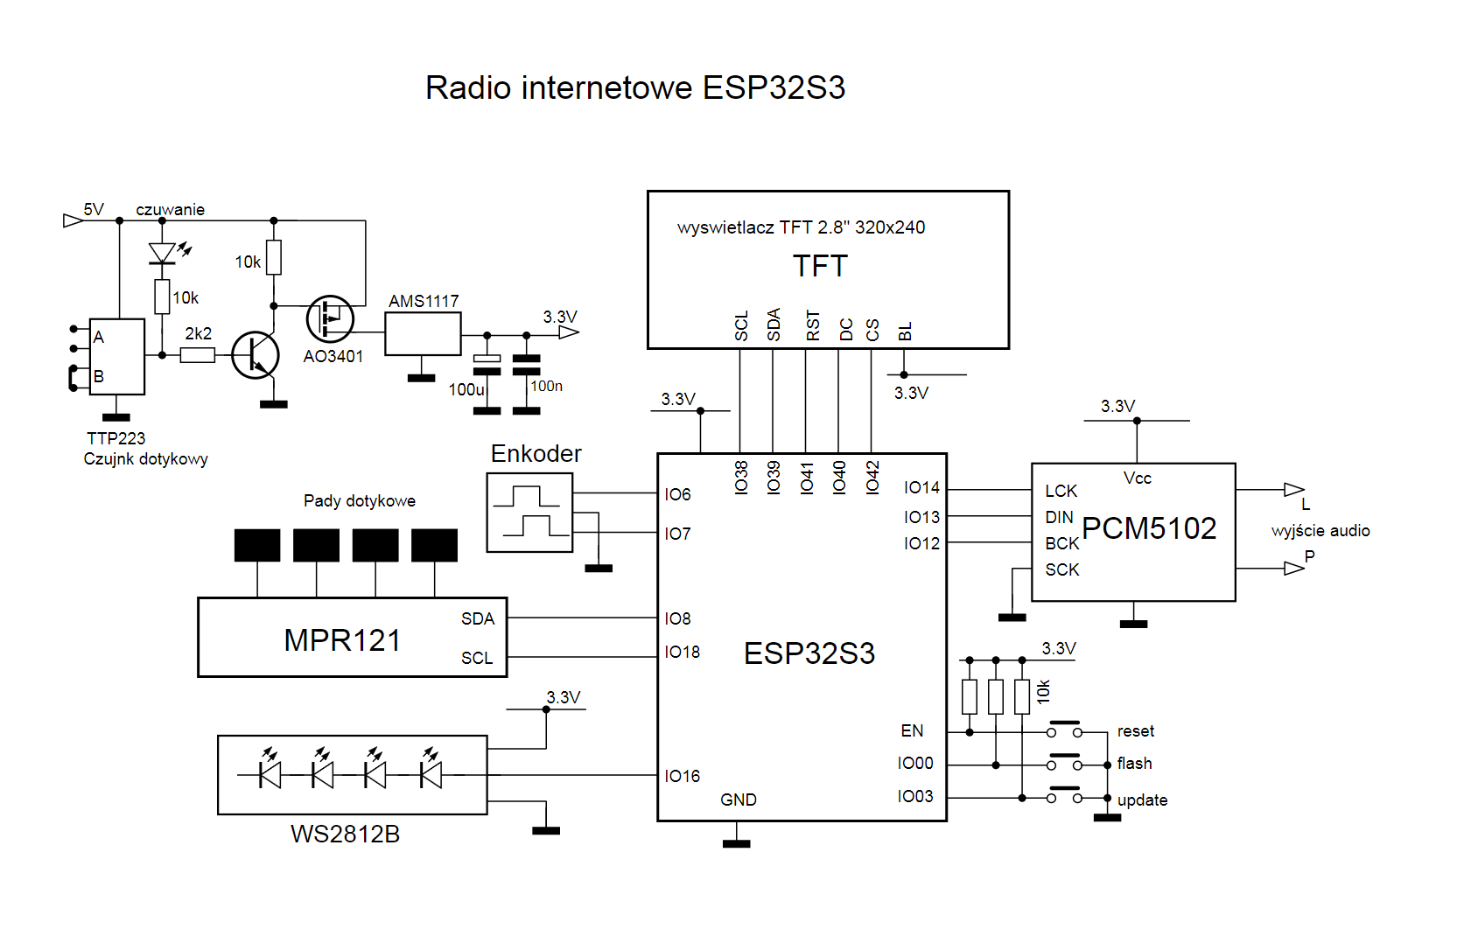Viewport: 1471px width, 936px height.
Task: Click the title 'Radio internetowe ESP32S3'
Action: (x=635, y=87)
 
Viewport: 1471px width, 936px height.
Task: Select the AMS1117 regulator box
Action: (x=423, y=334)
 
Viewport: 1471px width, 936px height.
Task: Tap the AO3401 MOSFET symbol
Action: (x=330, y=319)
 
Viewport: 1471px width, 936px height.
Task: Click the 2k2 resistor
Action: (x=198, y=355)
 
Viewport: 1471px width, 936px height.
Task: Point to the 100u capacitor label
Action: (x=466, y=390)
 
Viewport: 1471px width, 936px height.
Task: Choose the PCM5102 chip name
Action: (x=1149, y=528)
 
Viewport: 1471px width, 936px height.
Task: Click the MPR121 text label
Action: (x=342, y=640)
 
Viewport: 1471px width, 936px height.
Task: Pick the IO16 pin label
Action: (x=682, y=777)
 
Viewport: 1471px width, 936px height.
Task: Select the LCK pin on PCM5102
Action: (x=1061, y=491)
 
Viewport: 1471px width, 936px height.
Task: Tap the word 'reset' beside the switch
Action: (x=1136, y=731)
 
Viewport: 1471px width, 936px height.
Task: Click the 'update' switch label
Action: (x=1143, y=800)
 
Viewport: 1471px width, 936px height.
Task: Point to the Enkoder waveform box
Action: (x=529, y=513)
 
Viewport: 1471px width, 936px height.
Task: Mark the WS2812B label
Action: (x=346, y=835)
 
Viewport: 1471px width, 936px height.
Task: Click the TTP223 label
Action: (x=116, y=438)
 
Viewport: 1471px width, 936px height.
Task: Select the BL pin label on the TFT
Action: (x=905, y=332)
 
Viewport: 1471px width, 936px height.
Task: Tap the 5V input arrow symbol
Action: (x=73, y=220)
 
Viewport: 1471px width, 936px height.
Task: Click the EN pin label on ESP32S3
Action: (x=912, y=730)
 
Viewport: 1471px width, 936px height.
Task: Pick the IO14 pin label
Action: (x=921, y=488)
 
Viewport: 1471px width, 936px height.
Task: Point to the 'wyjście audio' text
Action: (x=1320, y=530)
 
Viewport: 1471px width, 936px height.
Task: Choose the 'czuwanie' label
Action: (x=170, y=209)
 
